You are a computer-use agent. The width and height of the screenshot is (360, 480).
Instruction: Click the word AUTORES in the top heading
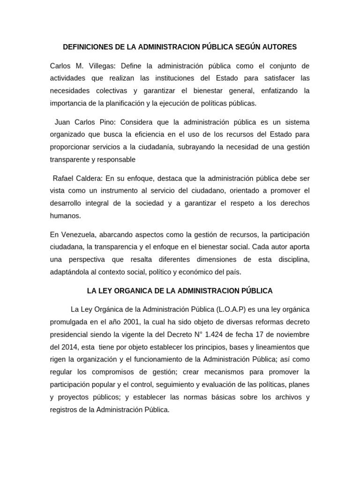(280, 47)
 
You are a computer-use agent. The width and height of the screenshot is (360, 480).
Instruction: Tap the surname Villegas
(101, 66)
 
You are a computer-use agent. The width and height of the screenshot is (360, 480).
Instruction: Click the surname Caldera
(88, 178)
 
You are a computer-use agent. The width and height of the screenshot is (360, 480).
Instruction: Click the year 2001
(131, 322)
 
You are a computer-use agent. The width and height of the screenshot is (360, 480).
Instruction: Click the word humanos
(65, 216)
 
